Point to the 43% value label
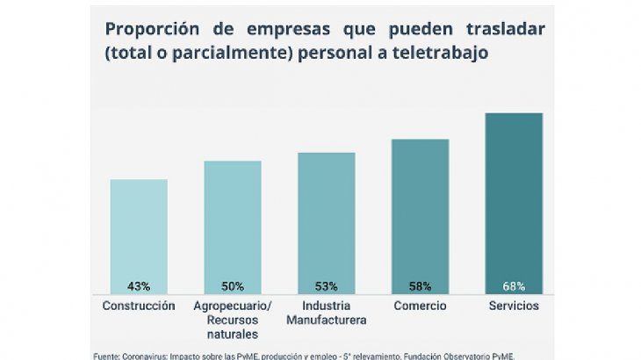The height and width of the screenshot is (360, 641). pos(139,286)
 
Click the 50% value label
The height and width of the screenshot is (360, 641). pos(233,286)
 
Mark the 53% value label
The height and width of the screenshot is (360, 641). pos(327,286)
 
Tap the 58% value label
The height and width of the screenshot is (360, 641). pos(420,286)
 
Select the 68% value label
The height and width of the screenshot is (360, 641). pos(514,286)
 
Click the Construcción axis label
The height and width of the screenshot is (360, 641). pos(139,306)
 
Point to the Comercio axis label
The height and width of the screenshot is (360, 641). pos(421,306)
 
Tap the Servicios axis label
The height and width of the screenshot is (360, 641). pos(514,306)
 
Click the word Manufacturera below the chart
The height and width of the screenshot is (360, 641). pos(327,320)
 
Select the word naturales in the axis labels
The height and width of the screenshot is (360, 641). pos(232,334)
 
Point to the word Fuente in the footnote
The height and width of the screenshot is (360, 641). pos(108,356)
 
